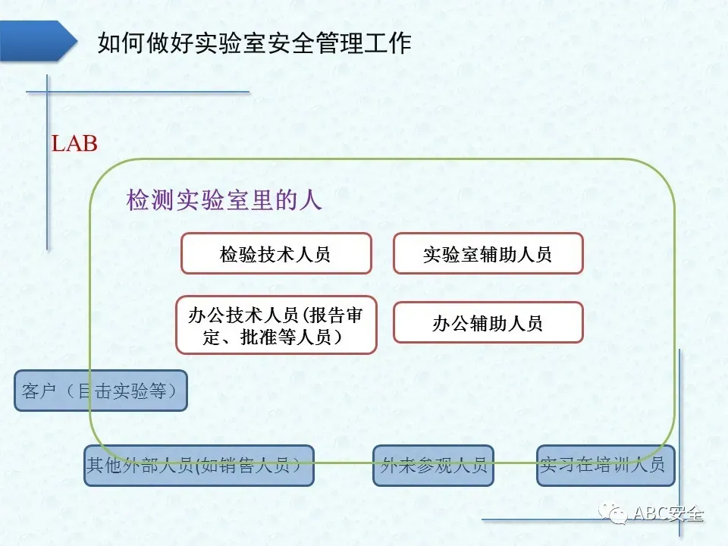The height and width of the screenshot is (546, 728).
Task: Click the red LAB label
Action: [x=74, y=143]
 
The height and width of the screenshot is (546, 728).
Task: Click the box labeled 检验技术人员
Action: [x=276, y=253]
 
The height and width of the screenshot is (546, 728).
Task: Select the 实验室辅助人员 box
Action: [x=488, y=253]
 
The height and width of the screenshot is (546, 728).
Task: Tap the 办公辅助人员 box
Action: [x=488, y=322]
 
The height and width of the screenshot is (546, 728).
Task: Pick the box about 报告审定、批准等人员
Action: [x=276, y=325]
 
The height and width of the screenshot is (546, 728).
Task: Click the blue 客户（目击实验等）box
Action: [x=100, y=391]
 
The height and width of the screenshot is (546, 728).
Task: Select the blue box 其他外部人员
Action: [x=199, y=465]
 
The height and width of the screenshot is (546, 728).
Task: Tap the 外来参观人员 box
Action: [x=433, y=465]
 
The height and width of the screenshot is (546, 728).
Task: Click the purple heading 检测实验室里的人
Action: [x=224, y=200]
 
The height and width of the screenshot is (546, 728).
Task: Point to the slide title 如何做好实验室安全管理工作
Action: [x=255, y=42]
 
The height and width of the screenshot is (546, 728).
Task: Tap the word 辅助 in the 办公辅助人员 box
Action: [x=488, y=323]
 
